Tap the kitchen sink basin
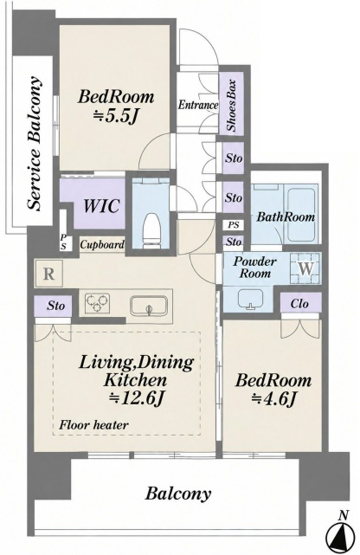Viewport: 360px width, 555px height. coord(149,306)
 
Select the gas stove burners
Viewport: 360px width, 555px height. coord(97,303)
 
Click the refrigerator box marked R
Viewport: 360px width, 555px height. coord(48,274)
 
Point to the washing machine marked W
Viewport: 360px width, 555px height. coord(305,268)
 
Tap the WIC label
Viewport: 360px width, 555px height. coord(101,206)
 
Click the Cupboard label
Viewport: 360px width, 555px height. coord(102,244)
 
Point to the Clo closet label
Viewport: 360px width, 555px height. coord(299,303)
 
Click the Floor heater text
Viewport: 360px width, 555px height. coord(93,424)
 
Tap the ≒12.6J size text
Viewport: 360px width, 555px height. coord(136,398)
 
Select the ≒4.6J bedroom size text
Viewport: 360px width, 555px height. coord(273,399)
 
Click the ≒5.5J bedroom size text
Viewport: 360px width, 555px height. coord(115,116)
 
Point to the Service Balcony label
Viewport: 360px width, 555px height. coord(35,143)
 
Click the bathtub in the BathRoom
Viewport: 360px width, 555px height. coord(301,214)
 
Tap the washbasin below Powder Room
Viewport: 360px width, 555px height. coord(250,299)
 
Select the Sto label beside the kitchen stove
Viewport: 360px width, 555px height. coord(55,306)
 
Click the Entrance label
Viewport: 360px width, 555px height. coord(198,105)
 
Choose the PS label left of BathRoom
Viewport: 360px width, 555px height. coord(234,224)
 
